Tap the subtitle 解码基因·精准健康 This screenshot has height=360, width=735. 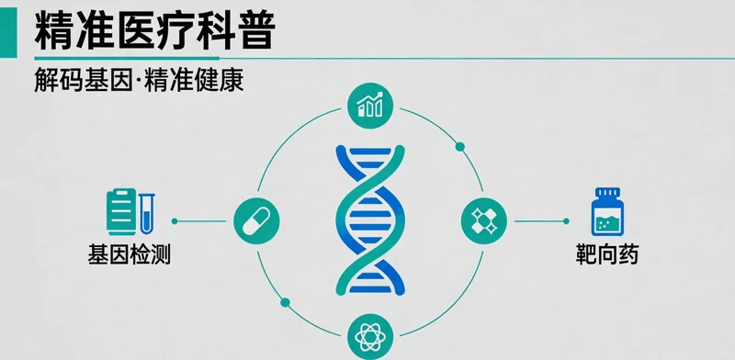coord(138,81)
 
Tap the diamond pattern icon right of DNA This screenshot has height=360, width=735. coord(483,220)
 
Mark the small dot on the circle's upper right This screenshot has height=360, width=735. coord(460,146)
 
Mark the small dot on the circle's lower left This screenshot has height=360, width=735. coord(285,301)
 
